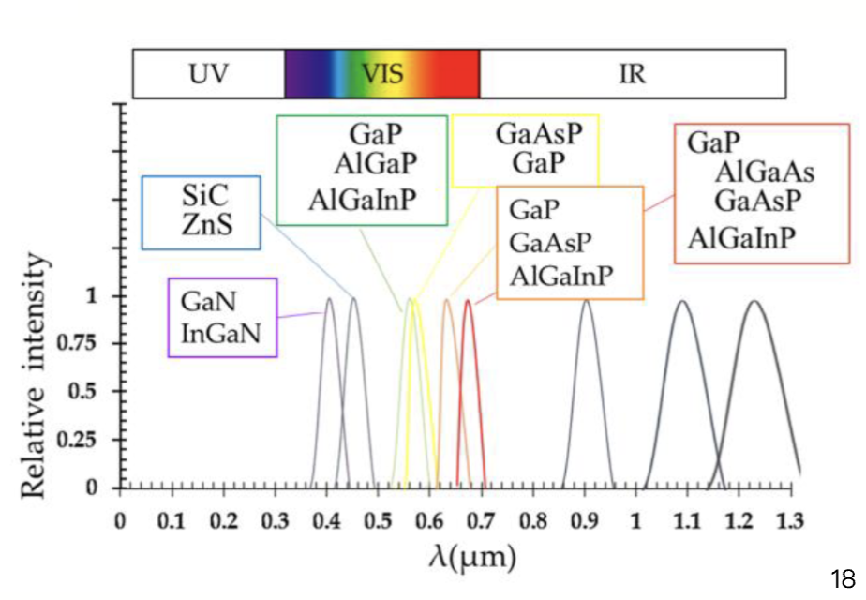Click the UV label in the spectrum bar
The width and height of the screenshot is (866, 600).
point(208,74)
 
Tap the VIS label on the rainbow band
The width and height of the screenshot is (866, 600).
point(382,74)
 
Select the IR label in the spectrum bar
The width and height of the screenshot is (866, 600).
point(633,74)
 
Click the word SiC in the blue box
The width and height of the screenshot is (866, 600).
point(202,200)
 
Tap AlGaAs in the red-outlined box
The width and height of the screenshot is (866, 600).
point(765,172)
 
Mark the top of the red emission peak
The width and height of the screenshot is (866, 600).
point(468,300)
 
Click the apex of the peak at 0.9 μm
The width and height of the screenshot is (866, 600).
point(586,300)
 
